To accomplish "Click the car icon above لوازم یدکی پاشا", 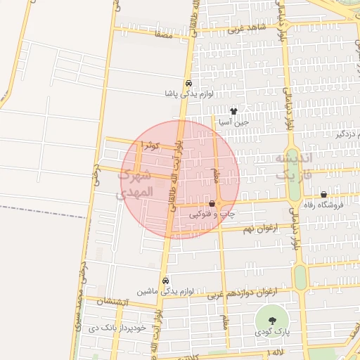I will pos(188,82).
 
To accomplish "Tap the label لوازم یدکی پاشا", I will pos(188,93).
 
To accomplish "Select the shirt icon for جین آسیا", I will pos(234,111).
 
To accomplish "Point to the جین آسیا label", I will pos(234,122).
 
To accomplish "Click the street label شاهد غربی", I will pos(254,27).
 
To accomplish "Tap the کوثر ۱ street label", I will pos(151,145).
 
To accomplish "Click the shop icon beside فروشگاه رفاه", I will pos(323,195).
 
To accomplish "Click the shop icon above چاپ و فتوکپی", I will pos(212,202).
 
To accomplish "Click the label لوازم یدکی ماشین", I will pos(165,290).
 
